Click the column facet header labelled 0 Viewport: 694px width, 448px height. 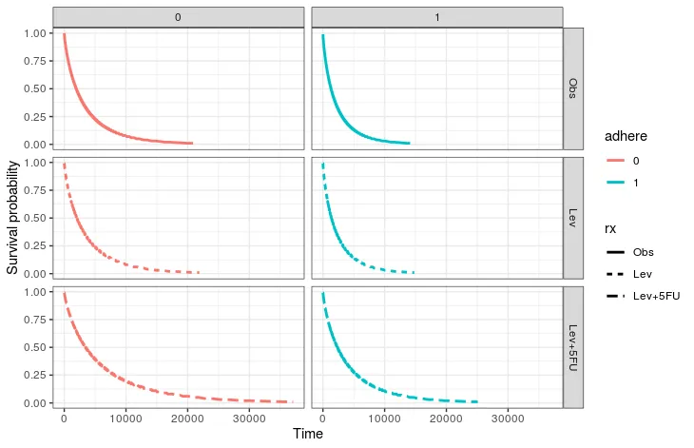179,17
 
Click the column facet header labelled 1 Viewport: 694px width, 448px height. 437,17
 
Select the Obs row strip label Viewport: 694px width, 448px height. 573,88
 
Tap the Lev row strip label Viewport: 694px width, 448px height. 573,217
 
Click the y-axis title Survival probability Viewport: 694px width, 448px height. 12,217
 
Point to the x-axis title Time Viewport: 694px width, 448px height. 308,435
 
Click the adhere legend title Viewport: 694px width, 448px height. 626,137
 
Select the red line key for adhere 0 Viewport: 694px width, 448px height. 616,161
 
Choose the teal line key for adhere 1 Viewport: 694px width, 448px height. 616,183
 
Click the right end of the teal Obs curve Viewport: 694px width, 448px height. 409,143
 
